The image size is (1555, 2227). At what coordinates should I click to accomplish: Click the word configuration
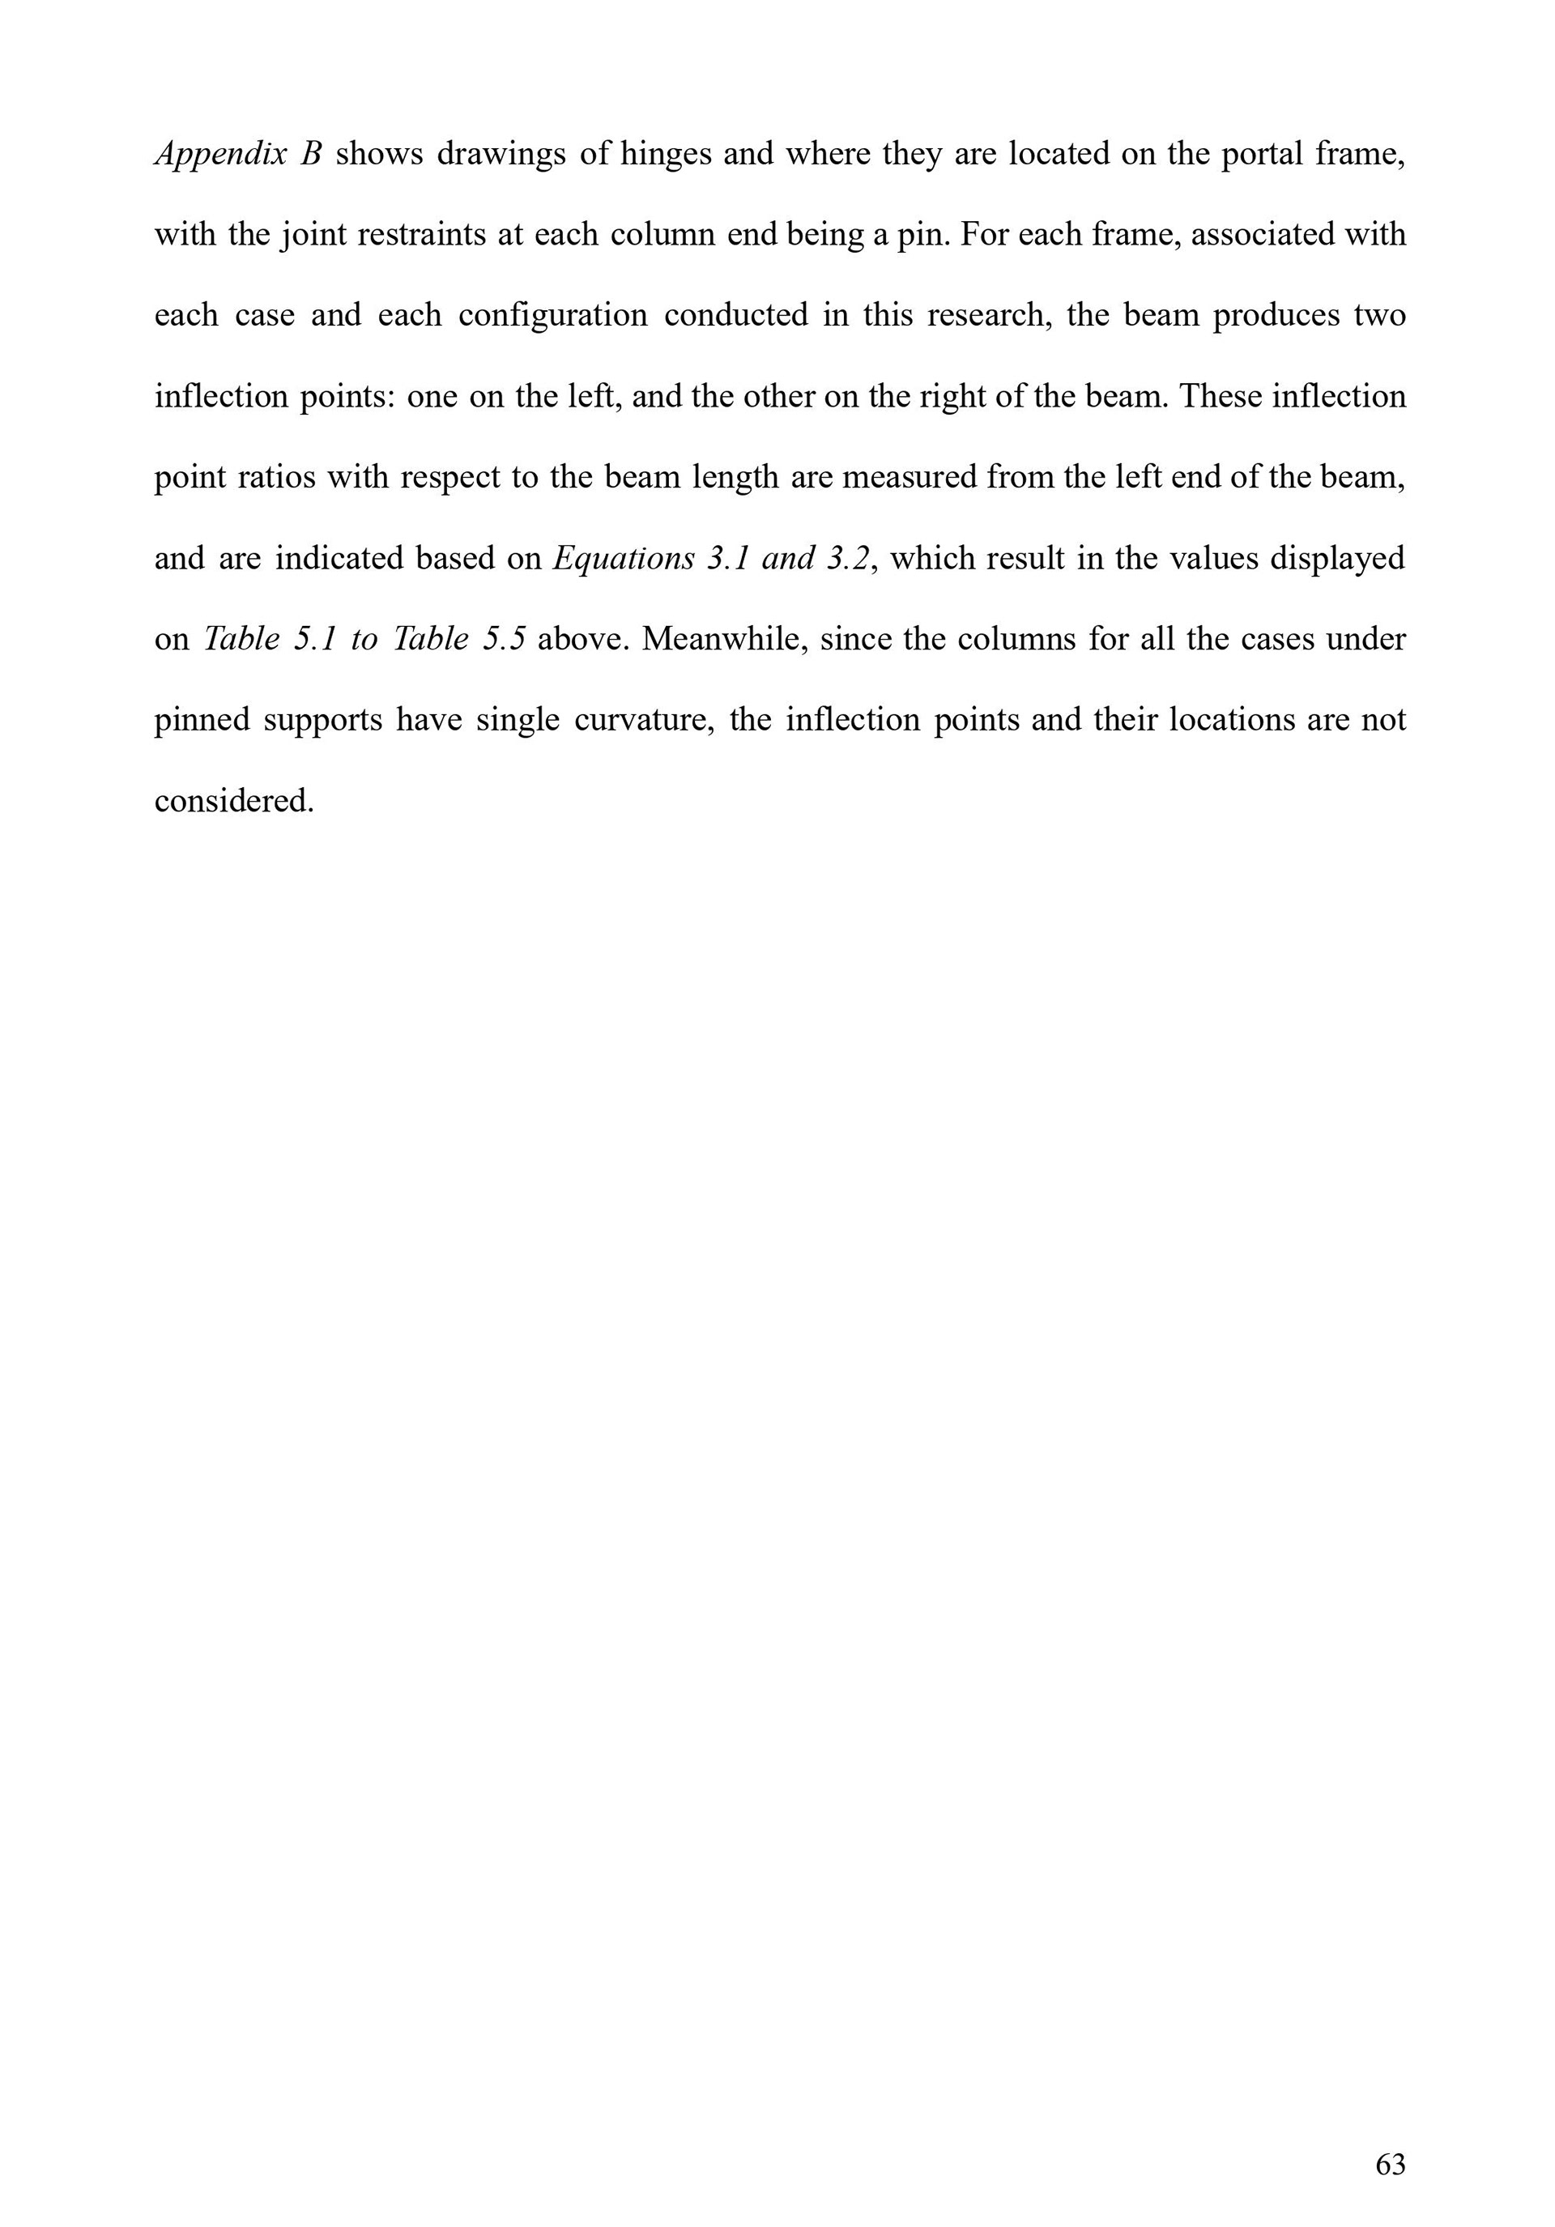553,315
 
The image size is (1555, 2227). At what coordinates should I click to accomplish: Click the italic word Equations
623,558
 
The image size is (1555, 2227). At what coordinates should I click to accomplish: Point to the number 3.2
847,558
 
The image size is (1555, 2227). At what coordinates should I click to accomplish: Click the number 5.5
505,639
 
